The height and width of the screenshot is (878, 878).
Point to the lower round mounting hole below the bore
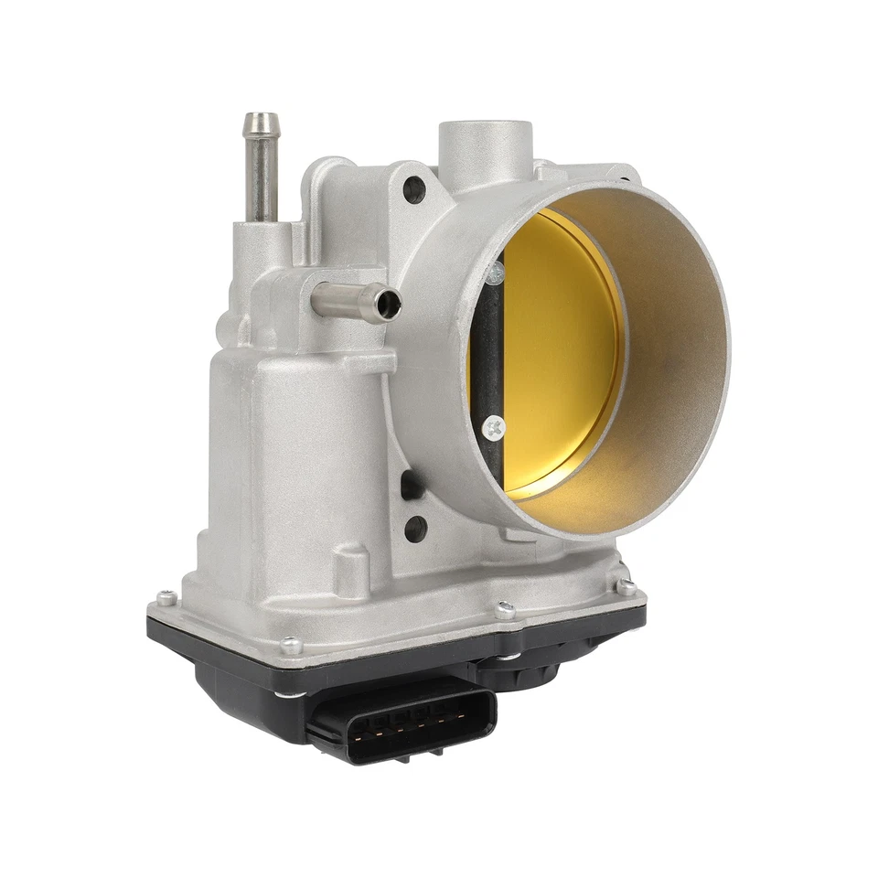[415, 527]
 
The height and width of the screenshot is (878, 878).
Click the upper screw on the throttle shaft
[495, 272]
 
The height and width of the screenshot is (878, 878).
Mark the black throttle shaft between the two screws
[491, 348]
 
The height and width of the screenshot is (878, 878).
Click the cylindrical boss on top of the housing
[482, 146]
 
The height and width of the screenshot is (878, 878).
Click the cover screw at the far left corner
[166, 597]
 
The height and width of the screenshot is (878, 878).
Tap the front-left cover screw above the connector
[292, 645]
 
